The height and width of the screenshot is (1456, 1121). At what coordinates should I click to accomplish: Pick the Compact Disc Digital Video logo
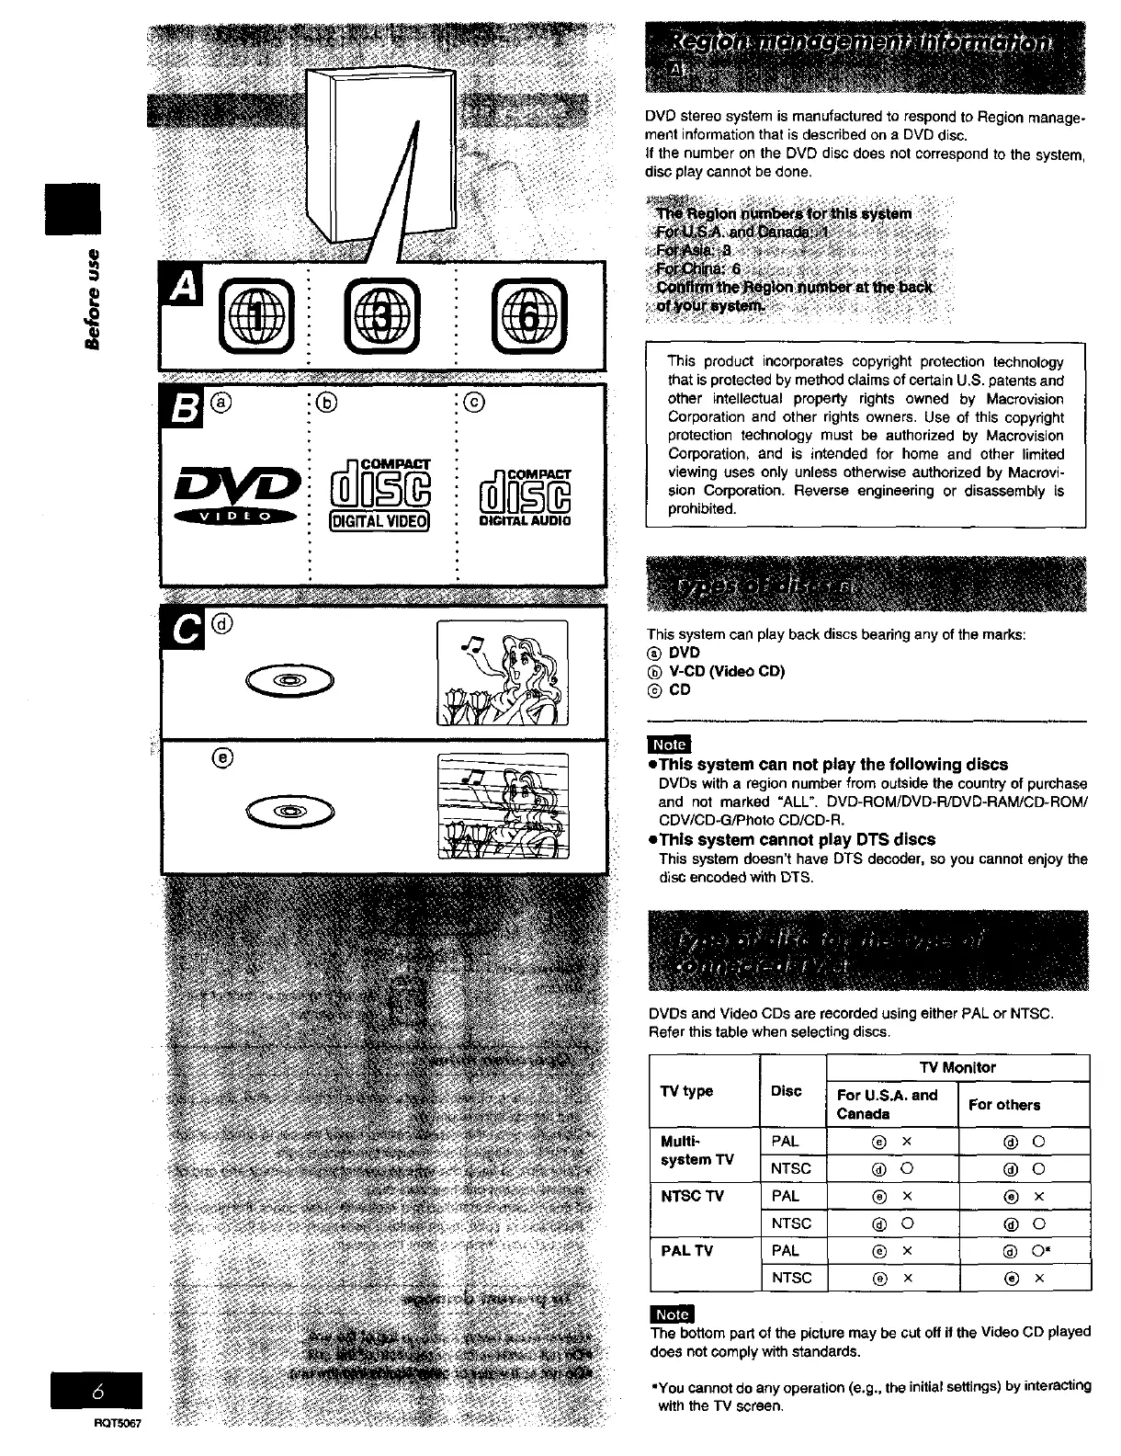380,494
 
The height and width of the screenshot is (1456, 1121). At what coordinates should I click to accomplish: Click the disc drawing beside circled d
289,681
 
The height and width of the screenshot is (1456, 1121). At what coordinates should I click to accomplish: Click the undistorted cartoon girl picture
502,674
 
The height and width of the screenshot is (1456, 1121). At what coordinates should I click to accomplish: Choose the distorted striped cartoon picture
502,806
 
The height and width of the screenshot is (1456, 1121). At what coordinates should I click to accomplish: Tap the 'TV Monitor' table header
957,1067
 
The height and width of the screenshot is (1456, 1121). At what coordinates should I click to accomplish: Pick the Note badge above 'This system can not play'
668,745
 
